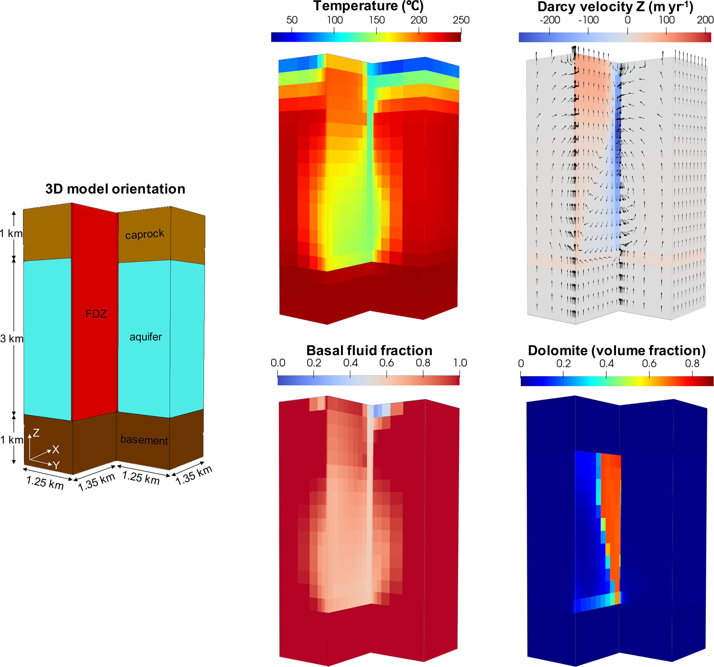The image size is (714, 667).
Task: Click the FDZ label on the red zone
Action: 96,314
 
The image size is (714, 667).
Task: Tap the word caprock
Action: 145,234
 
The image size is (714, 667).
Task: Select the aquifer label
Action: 145,337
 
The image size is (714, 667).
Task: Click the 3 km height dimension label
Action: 11,339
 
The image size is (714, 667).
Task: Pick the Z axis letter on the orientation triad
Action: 36,433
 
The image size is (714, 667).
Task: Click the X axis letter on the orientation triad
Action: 56,449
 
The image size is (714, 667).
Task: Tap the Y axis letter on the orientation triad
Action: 56,465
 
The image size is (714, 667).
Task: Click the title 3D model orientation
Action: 115,189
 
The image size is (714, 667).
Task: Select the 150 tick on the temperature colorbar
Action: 377,20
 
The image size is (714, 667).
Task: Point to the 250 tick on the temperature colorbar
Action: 461,20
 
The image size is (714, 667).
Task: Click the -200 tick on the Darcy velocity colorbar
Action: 550,20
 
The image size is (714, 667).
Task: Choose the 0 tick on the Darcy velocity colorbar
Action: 627,20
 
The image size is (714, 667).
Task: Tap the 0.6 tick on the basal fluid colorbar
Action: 387,363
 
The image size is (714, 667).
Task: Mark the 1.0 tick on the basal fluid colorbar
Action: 460,363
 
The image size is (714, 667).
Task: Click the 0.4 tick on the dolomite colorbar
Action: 606,363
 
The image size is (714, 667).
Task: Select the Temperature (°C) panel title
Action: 369,6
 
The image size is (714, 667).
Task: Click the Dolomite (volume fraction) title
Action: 617,351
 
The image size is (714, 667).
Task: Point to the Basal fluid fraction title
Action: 369,350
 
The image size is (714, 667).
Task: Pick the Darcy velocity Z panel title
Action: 615,7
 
